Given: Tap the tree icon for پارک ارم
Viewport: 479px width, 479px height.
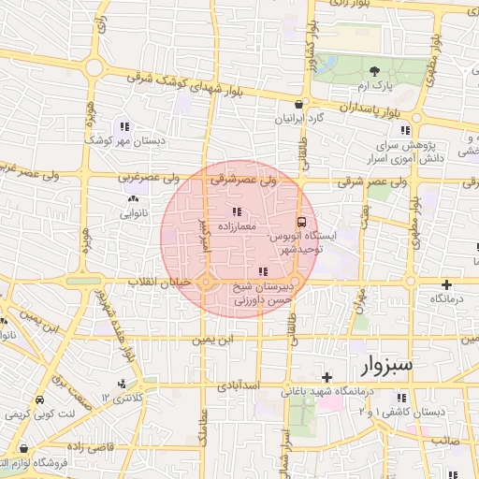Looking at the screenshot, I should click(x=375, y=71).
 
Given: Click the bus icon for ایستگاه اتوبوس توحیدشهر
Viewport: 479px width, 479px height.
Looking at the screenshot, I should click(x=301, y=223).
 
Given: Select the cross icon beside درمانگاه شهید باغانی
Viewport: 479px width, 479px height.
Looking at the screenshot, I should click(x=326, y=376).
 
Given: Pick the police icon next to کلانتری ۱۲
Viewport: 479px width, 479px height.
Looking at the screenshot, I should click(x=123, y=384).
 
